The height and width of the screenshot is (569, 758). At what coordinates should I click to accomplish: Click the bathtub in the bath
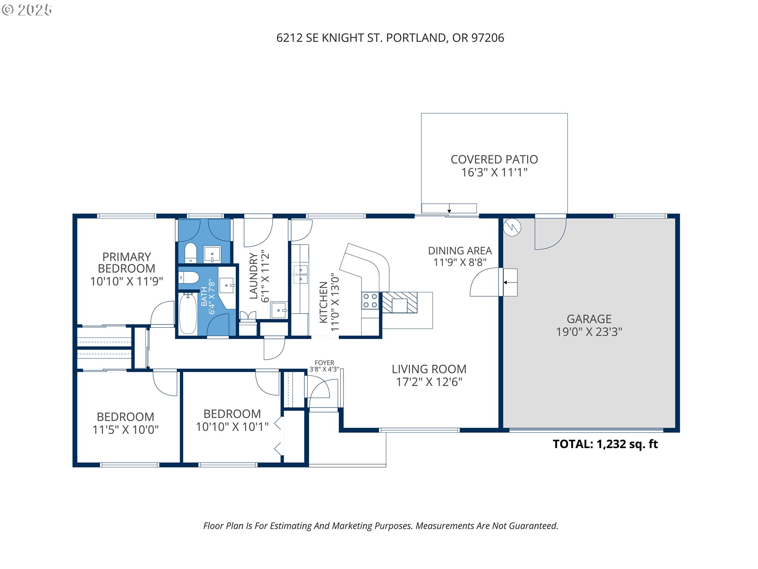point(188,313)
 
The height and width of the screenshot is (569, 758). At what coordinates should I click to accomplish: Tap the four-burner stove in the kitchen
point(370,301)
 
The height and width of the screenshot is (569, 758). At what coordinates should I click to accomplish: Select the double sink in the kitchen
point(300,274)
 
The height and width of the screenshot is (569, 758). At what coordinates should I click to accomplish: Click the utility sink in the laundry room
point(279,310)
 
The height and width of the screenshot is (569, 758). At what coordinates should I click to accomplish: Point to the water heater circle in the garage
point(512,227)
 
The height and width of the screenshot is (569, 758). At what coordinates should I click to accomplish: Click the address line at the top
point(390,38)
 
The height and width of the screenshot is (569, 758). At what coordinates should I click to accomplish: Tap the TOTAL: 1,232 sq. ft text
point(605,444)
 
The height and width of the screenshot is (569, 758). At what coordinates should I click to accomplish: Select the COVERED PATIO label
point(494,160)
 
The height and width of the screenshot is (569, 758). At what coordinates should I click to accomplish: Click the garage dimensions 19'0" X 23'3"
point(589,332)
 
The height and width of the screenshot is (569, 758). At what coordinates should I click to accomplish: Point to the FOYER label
point(325,363)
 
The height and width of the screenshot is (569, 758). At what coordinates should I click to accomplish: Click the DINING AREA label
point(460,251)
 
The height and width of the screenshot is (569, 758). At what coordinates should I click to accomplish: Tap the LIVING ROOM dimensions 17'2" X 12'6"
point(429,382)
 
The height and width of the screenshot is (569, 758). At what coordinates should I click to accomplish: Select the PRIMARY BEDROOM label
point(126,263)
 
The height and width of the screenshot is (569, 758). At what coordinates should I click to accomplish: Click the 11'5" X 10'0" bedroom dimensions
point(126,430)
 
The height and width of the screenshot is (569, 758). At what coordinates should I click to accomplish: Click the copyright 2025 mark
point(27,10)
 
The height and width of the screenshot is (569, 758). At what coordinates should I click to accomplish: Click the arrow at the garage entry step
point(510,283)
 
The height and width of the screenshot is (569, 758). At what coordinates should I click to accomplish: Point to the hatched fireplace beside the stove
point(400,303)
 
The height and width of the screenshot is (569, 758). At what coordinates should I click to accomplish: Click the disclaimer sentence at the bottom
point(381,526)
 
